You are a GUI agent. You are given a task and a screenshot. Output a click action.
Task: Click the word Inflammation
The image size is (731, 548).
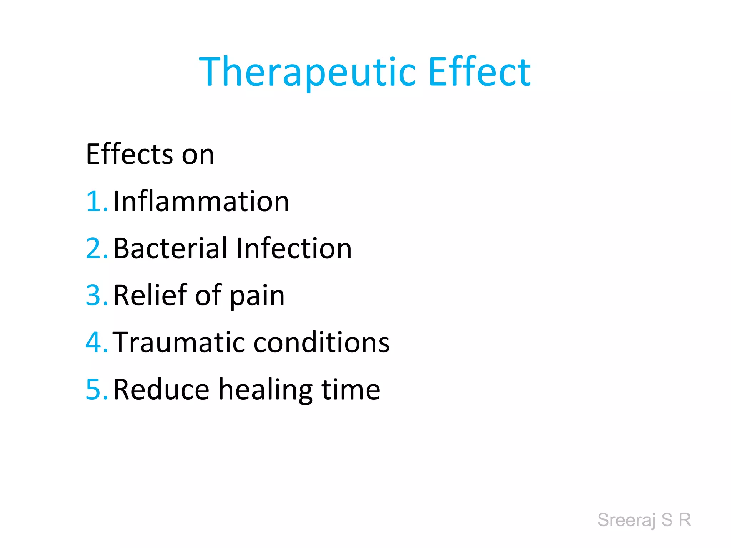tap(201, 201)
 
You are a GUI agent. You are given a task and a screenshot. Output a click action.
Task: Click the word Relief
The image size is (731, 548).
tap(150, 295)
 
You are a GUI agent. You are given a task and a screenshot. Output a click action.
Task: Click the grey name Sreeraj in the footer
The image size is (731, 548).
tap(626, 520)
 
